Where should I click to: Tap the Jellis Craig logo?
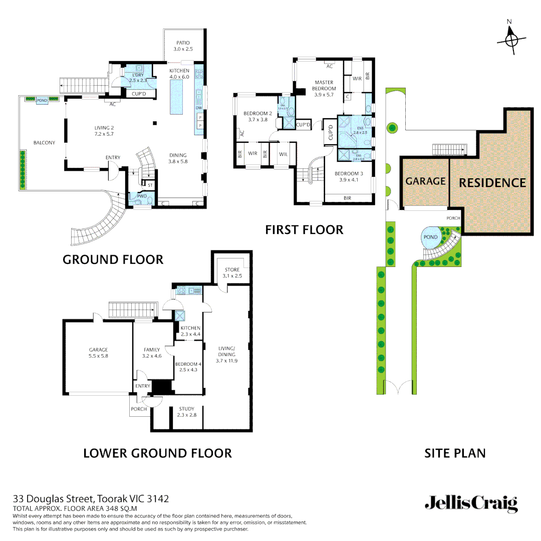click(x=471, y=503)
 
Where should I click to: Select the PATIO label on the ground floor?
click(x=183, y=43)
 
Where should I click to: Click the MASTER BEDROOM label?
click(x=324, y=85)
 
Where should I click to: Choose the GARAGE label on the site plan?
click(x=425, y=181)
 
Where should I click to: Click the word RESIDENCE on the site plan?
click(x=492, y=183)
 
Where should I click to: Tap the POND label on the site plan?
click(x=430, y=237)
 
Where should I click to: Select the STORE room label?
click(x=232, y=269)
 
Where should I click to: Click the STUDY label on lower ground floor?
click(x=186, y=409)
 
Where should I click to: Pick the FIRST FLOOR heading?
click(x=304, y=230)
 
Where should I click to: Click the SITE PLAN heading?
click(x=455, y=453)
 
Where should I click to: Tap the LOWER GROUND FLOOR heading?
click(x=157, y=453)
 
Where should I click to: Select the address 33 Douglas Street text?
click(x=90, y=498)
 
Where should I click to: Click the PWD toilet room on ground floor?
click(x=142, y=196)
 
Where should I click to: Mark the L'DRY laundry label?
click(x=138, y=75)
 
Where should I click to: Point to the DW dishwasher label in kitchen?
click(x=199, y=108)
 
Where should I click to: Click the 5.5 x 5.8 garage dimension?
click(x=98, y=356)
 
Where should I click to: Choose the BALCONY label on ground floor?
click(x=44, y=143)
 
